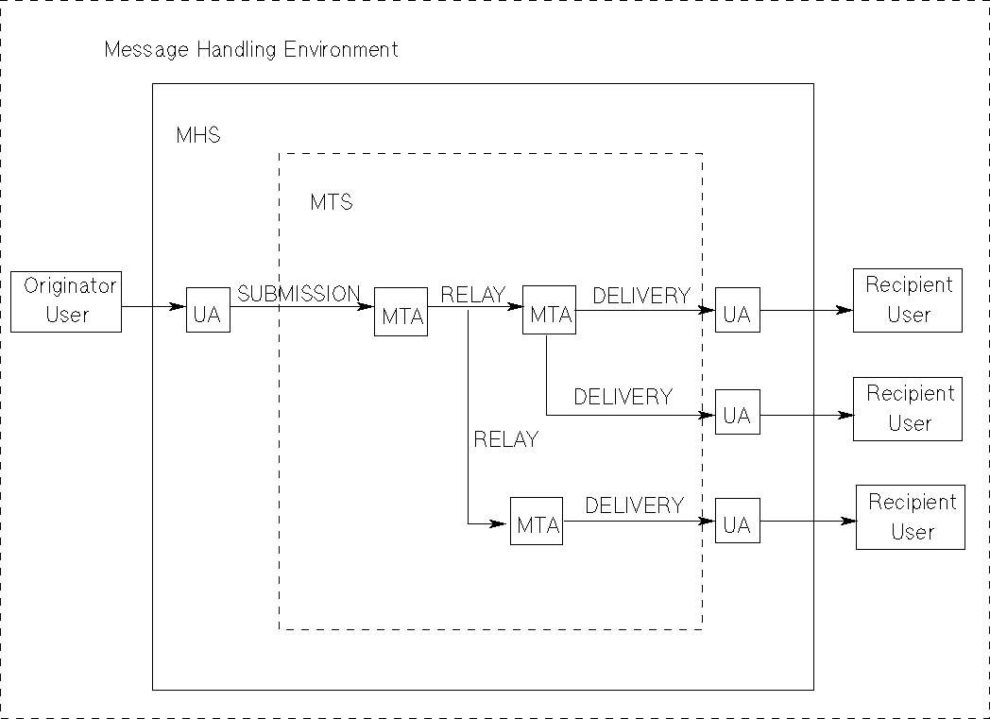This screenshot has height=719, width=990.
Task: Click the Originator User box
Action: point(66,300)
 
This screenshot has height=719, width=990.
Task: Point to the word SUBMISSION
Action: point(299,294)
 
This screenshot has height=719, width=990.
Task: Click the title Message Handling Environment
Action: point(251,49)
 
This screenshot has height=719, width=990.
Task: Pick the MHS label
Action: point(198,135)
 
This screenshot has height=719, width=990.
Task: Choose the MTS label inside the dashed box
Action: point(332,202)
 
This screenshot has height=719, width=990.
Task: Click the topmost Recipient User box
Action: point(908,300)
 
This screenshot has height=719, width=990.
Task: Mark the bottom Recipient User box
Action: point(911,517)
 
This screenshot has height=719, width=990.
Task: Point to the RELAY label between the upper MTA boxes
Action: point(472,295)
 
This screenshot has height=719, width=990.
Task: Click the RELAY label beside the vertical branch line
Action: point(505,439)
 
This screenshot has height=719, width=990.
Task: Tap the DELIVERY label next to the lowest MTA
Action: point(634,505)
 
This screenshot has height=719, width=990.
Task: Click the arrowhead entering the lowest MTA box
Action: point(500,522)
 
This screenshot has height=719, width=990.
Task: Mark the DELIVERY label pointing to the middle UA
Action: point(623,397)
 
